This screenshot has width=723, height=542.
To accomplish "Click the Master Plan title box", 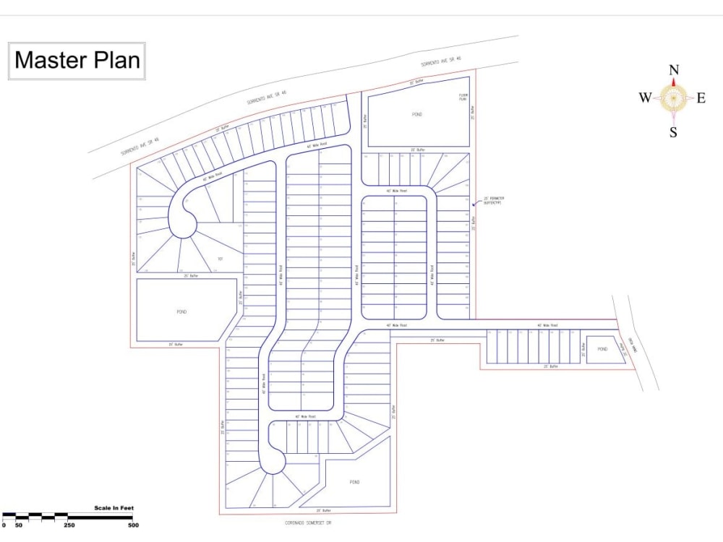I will (77, 60).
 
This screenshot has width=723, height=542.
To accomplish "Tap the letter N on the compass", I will (674, 70).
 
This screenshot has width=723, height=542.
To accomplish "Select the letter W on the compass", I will (644, 98).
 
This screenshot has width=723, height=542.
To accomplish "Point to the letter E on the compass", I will (701, 98).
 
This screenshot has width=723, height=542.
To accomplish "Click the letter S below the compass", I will (673, 132).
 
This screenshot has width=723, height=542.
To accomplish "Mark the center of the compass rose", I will (673, 98).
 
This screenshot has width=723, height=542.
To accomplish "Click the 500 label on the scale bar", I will (133, 525).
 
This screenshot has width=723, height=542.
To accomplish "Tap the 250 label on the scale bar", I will (69, 525).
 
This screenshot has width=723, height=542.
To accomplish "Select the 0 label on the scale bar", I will (4, 525).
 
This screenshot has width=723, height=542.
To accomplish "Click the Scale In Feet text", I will (114, 508).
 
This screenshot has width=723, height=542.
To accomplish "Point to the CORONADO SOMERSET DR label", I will (307, 522).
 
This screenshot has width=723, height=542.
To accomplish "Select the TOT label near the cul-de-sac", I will (220, 259).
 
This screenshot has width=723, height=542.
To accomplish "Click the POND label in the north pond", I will (417, 114).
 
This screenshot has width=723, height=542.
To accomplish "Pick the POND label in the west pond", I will (181, 311).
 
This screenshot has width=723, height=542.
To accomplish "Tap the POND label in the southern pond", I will (354, 482).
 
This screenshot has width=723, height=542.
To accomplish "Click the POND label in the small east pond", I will (602, 349).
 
